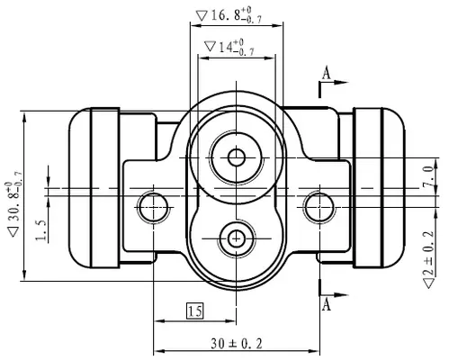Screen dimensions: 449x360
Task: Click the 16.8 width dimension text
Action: tap(229, 14)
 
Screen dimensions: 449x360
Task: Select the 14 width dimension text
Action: tap(229, 47)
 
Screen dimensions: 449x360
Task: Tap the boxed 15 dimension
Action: tap(194, 310)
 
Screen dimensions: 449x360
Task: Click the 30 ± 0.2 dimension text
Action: tap(237, 344)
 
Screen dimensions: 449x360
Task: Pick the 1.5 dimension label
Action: tap(40, 230)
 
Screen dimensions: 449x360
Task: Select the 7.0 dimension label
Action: tap(428, 177)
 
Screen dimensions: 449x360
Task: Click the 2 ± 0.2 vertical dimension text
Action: tap(428, 259)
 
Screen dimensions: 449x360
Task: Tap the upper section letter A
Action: tap(327, 73)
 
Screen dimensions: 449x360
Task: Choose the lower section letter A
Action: tap(327, 305)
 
